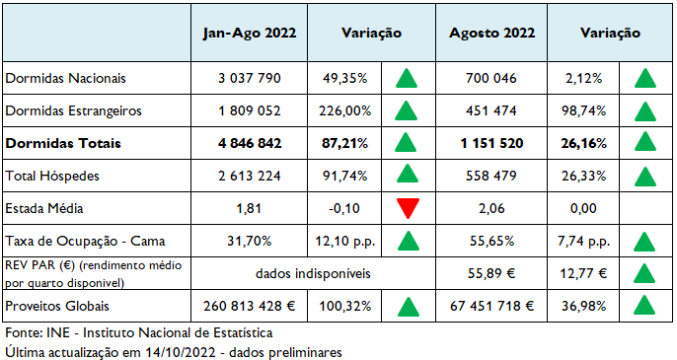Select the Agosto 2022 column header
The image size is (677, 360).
tap(491, 33)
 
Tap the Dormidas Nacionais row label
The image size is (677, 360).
tap(66, 78)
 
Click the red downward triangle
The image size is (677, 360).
tap(405, 209)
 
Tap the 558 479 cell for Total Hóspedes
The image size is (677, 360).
tap(491, 176)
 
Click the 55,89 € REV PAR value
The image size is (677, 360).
tap(491, 272)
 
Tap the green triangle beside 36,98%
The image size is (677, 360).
tap(646, 305)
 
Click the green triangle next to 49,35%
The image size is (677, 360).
tap(405, 78)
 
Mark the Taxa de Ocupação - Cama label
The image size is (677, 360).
tap(84, 241)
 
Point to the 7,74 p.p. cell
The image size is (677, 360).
tap(584, 241)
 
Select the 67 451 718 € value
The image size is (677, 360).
tap(491, 305)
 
